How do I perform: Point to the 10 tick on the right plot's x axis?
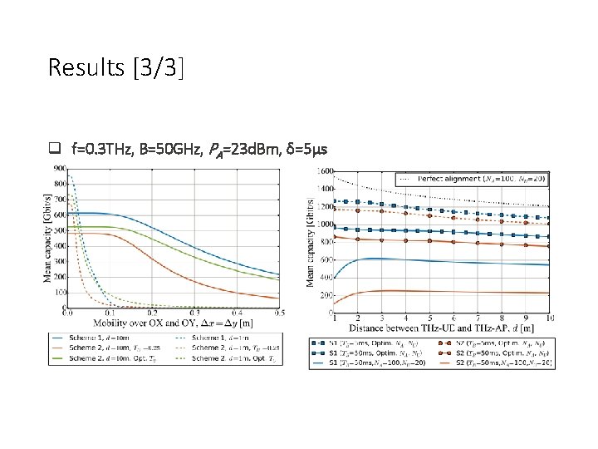click(550, 318)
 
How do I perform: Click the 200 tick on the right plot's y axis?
click(325, 295)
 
